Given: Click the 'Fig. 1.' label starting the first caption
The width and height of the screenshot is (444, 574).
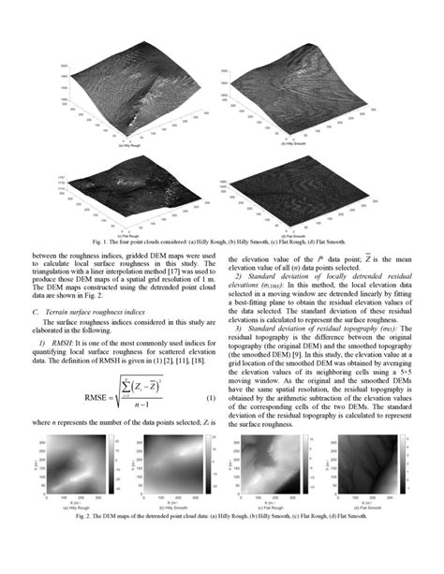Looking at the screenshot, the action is tap(81, 240).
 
